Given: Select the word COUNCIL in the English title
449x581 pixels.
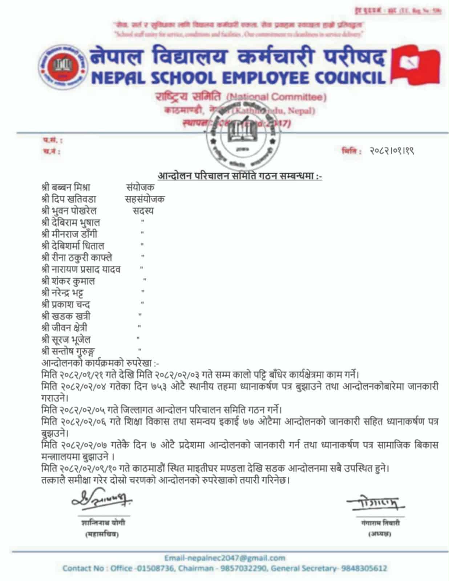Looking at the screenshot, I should click(349, 77).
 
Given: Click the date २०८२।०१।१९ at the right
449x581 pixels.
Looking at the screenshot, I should click(392, 150).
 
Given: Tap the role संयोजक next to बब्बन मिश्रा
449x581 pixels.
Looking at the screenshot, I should click(140, 187).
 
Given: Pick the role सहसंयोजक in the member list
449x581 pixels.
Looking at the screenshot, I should click(144, 199).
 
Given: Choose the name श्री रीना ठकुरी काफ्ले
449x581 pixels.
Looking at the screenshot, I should click(77, 257).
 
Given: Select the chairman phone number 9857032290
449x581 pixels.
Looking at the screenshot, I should click(247, 568).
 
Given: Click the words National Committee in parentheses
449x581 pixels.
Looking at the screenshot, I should click(276, 97).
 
